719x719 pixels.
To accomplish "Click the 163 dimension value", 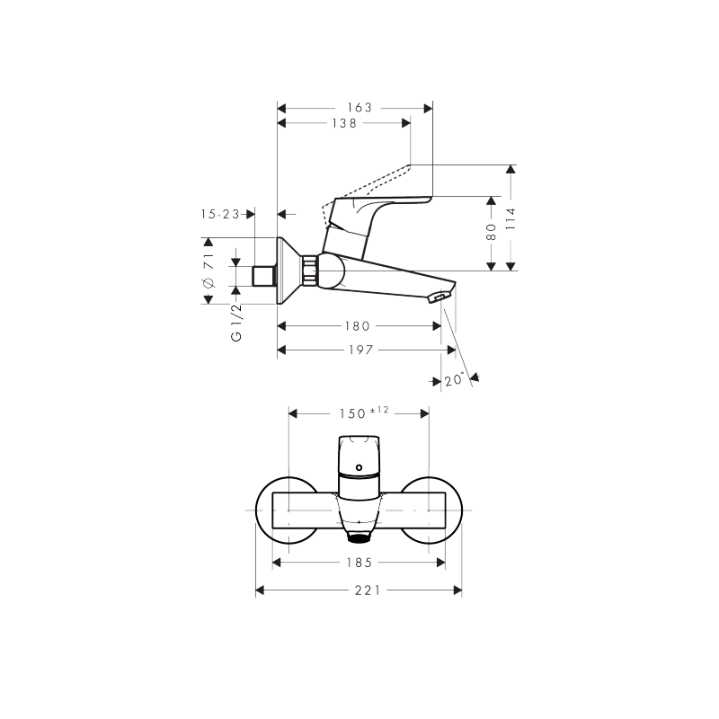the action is (359, 108).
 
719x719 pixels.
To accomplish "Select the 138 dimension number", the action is (344, 123).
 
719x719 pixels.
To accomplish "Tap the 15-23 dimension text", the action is (220, 214).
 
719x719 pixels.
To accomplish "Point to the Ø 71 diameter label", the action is (209, 270).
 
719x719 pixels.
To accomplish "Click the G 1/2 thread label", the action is (236, 322).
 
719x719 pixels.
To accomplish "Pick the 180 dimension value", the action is (357, 326).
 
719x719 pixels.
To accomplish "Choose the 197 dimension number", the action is (361, 350).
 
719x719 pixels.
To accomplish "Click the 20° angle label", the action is (454, 379).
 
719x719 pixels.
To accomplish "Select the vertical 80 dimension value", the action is (491, 232).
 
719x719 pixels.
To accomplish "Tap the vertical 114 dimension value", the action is (510, 219).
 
